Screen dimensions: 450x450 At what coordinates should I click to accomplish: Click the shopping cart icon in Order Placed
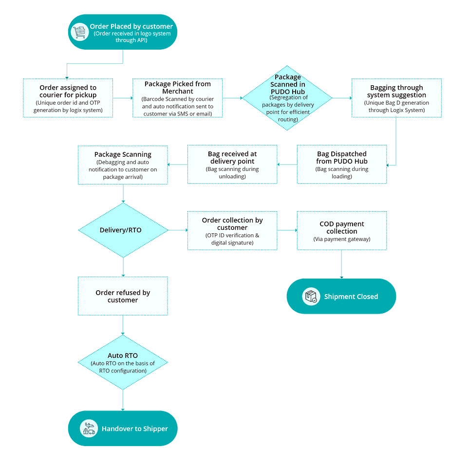[x=79, y=32]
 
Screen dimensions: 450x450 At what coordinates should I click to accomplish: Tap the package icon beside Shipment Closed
[x=311, y=296]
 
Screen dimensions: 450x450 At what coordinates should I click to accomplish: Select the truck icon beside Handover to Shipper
[x=89, y=429]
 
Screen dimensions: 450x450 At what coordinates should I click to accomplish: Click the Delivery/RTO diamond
[x=123, y=230]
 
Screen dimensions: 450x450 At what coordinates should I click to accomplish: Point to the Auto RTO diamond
[x=123, y=362]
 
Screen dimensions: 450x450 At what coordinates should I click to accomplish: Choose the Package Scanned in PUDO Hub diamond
[x=287, y=98]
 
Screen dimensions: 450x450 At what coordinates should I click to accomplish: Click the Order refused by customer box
[x=123, y=296]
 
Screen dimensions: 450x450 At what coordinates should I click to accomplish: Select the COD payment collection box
[x=342, y=231]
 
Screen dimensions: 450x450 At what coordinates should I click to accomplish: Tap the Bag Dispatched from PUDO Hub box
[x=342, y=165]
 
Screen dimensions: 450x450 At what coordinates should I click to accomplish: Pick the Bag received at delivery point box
[x=232, y=165]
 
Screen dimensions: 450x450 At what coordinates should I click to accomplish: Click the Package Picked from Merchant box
[x=178, y=98]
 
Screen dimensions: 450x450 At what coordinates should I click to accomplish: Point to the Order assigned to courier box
[x=68, y=98]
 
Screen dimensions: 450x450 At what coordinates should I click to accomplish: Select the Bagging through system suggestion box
[x=396, y=98]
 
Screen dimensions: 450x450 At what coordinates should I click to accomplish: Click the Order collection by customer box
[x=232, y=231]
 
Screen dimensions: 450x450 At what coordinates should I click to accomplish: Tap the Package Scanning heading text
[x=123, y=154]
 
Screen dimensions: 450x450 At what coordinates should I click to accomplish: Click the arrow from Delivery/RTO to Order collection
[x=178, y=230]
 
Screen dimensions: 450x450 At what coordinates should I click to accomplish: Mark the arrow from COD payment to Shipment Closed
[x=341, y=264]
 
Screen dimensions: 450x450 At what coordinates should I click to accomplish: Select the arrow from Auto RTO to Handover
[x=123, y=400]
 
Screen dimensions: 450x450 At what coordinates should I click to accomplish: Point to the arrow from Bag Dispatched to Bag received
[x=287, y=165]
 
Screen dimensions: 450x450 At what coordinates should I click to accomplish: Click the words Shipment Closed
[x=351, y=297]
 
